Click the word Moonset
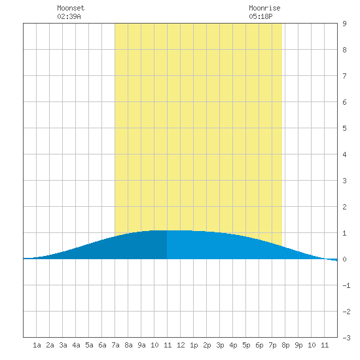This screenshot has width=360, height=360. (71, 8)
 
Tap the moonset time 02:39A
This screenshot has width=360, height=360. (69, 16)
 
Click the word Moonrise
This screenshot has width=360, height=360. (264, 8)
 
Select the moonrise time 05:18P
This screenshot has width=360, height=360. (261, 16)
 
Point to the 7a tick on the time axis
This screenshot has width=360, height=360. (115, 345)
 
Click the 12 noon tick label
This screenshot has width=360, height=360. (181, 345)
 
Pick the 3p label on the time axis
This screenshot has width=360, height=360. (220, 345)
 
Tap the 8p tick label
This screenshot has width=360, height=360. (285, 345)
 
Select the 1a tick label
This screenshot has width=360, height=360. (37, 345)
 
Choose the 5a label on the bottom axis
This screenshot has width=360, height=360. (89, 345)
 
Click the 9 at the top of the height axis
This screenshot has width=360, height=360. (344, 24)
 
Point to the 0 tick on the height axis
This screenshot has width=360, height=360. (344, 259)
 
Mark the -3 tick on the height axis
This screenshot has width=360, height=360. (346, 338)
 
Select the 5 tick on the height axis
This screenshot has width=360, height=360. (344, 128)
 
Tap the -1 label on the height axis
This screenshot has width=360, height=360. (346, 285)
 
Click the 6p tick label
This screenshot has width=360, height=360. (259, 345)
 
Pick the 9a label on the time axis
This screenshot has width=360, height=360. (141, 345)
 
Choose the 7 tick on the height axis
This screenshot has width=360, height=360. (344, 76)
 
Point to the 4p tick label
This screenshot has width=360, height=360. (233, 345)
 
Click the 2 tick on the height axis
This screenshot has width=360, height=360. (344, 207)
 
